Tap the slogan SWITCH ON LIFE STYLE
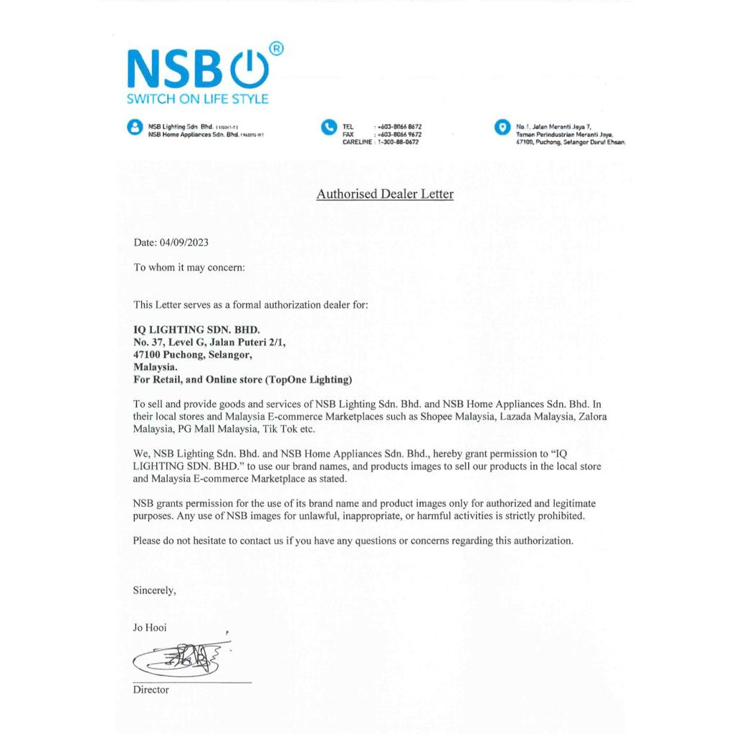click(x=198, y=99)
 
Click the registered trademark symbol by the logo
click(x=277, y=49)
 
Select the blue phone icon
click(x=328, y=127)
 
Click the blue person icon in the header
click(x=134, y=128)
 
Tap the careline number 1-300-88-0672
click(x=398, y=143)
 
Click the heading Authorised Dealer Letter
click(x=385, y=194)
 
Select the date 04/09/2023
click(x=185, y=242)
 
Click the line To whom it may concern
click(x=189, y=267)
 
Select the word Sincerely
click(x=154, y=590)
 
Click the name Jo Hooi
click(x=150, y=627)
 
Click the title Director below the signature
click(x=151, y=690)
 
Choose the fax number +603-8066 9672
click(x=399, y=135)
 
